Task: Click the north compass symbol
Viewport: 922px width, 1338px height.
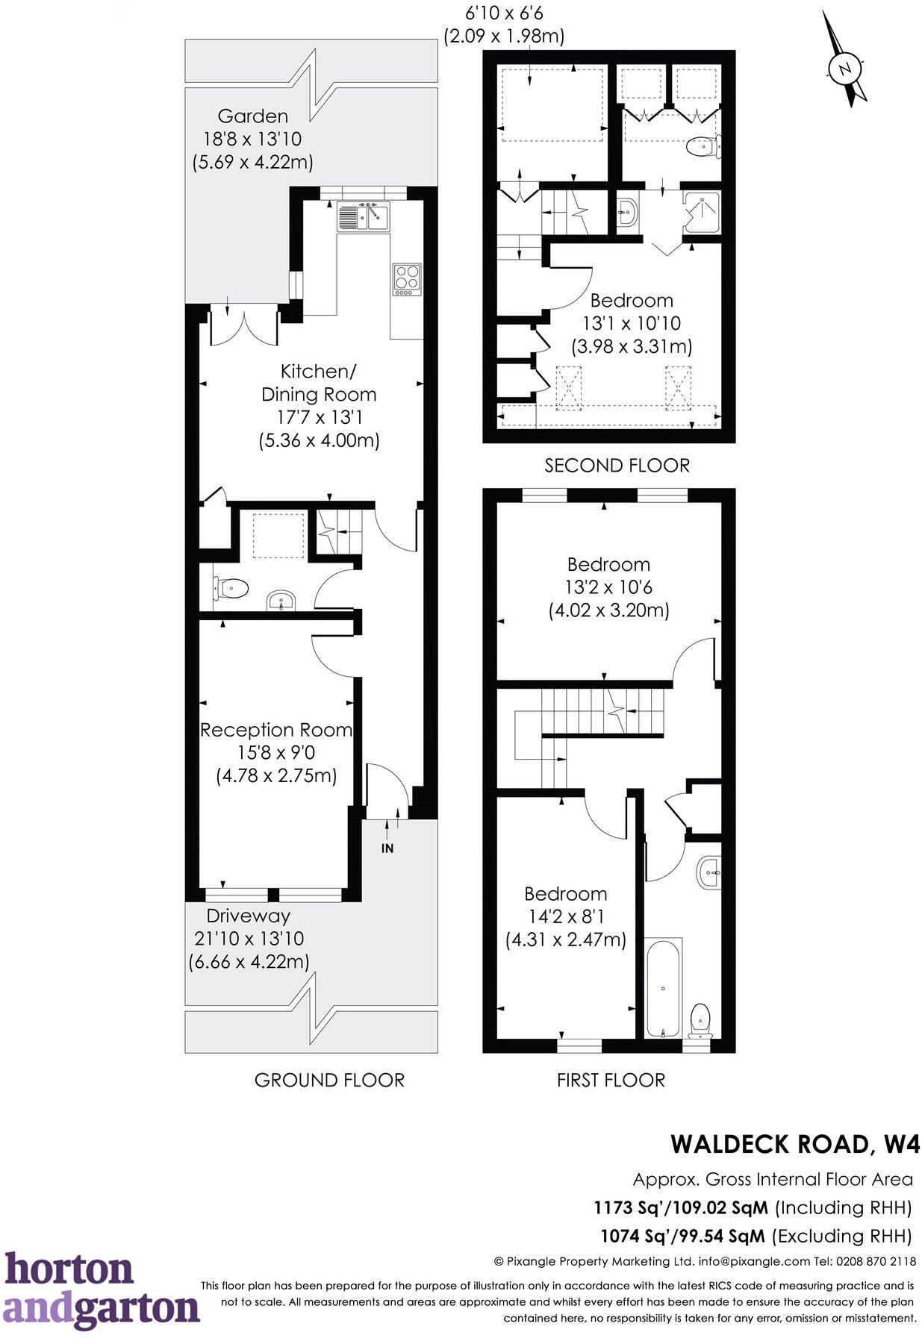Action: [x=845, y=69]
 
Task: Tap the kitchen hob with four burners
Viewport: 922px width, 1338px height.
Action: [x=407, y=279]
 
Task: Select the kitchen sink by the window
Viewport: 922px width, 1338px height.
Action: [x=364, y=217]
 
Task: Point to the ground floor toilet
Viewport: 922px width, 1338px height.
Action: [x=231, y=589]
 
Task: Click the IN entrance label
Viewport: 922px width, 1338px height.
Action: [x=387, y=848]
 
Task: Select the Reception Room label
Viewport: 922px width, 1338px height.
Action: [x=276, y=730]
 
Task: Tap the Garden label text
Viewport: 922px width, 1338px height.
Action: [x=252, y=116]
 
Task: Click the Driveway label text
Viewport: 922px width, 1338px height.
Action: [x=248, y=916]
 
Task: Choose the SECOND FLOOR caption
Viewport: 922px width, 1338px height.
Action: [x=617, y=466]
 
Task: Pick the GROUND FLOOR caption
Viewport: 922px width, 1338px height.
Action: [x=329, y=1080]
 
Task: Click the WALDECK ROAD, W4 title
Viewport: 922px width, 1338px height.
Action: [x=794, y=1144]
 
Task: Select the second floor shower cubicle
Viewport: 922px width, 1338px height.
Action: [x=702, y=212]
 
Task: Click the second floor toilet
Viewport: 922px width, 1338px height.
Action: [x=702, y=146]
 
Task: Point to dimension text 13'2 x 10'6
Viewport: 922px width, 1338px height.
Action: [x=608, y=587]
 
